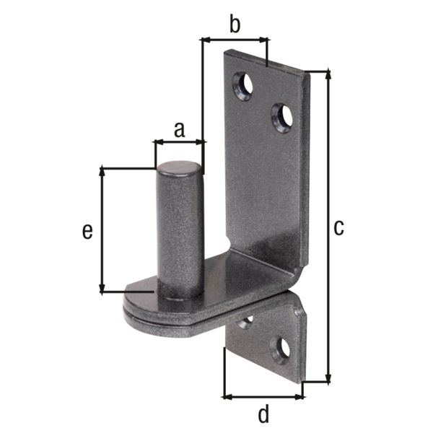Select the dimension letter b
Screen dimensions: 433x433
point(234,25)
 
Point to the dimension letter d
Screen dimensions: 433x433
point(263,414)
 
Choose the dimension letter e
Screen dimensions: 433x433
point(87,230)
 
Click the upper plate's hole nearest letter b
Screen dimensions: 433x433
point(243,85)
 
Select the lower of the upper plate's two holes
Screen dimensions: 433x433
point(281,117)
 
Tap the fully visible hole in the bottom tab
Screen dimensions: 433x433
point(280,349)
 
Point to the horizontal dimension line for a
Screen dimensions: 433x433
point(179,143)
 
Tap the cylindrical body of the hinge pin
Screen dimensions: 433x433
point(180,231)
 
